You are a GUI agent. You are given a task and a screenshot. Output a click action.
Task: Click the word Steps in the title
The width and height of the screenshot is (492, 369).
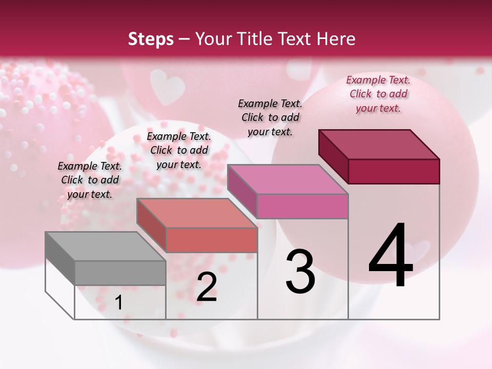coord(151,39)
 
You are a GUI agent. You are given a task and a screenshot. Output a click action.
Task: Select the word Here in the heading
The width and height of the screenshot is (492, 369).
coord(336,39)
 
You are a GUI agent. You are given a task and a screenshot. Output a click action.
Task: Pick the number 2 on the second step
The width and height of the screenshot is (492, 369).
coord(207,287)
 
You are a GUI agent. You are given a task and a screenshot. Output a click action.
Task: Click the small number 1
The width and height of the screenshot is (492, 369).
coord(119,302)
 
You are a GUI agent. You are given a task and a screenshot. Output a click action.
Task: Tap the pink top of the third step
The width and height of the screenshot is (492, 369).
coord(288,179)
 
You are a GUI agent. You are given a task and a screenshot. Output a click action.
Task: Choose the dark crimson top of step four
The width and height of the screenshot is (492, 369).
coord(379,144)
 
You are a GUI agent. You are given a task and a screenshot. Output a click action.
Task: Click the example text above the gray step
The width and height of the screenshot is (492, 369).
coord(90,180)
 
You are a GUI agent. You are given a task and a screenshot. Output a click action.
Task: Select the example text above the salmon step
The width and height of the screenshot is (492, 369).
coord(179,150)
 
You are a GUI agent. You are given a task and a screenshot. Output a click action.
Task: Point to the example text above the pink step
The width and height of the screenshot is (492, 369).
coord(270,117)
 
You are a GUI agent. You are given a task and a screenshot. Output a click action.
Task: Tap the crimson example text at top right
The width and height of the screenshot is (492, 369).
coord(378,94)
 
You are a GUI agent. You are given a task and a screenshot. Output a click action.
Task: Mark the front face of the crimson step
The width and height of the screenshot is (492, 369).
coord(394,171)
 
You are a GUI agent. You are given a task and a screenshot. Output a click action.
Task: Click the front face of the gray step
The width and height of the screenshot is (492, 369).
coord(120,273)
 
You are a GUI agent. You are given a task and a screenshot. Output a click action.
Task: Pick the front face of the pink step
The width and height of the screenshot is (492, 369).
coord(302,206)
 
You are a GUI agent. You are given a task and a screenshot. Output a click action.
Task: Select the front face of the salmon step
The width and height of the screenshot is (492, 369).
coord(211,240)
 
